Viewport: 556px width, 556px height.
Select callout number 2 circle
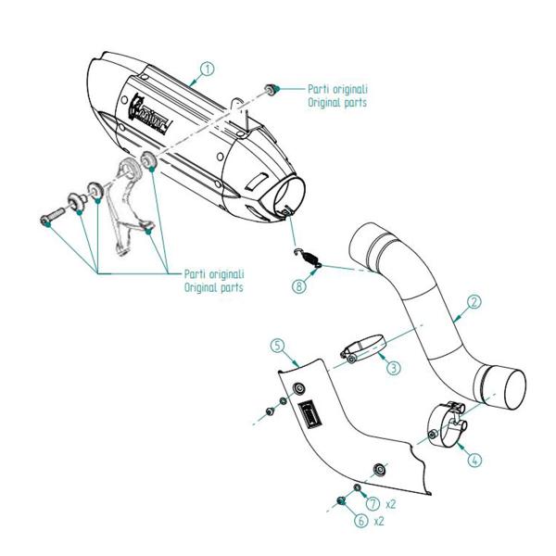(473, 301)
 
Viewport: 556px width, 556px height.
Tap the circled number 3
(394, 368)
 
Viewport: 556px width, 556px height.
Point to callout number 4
(474, 459)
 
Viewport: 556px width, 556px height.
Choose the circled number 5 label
(277, 345)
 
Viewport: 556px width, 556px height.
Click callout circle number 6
(360, 521)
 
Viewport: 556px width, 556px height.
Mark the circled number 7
(373, 504)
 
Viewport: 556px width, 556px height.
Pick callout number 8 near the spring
(298, 286)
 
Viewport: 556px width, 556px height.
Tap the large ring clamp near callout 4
(448, 426)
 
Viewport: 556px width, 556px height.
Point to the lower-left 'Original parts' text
(214, 287)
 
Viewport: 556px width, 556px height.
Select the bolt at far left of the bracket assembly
(48, 219)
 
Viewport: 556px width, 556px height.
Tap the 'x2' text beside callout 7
(391, 505)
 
